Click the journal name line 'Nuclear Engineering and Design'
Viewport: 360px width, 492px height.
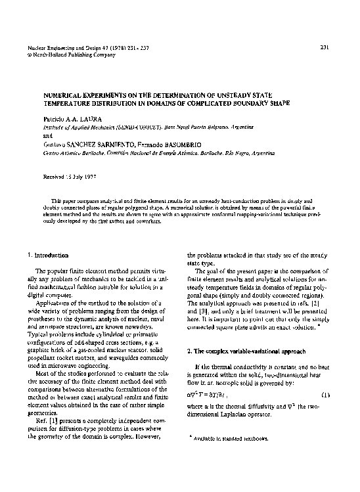[x=68, y=47]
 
